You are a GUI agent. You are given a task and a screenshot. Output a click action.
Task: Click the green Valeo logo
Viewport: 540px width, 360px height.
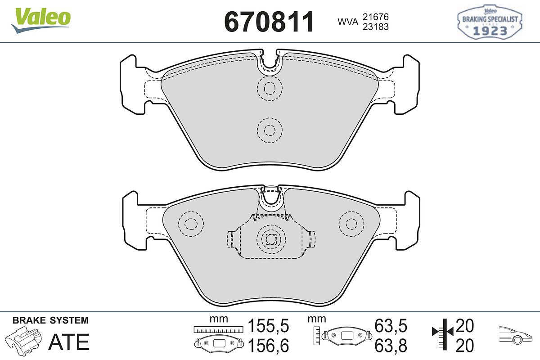click(x=41, y=20)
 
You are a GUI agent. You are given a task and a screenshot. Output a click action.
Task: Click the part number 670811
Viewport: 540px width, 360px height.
click(x=269, y=22)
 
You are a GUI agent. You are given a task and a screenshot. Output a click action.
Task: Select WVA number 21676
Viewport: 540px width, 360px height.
click(x=376, y=17)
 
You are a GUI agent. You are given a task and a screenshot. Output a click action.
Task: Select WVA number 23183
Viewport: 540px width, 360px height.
click(x=376, y=27)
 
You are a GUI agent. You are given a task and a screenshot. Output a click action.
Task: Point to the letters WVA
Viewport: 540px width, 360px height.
click(x=348, y=22)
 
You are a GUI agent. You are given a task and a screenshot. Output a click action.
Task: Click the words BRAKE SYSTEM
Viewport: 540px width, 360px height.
click(x=50, y=320)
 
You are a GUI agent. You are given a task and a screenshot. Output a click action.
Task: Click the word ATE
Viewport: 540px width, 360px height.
click(x=69, y=342)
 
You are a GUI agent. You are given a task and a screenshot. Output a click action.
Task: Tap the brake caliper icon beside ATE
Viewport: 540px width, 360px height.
click(x=23, y=340)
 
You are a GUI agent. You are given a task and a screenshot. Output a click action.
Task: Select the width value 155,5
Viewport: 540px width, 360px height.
click(x=268, y=326)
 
